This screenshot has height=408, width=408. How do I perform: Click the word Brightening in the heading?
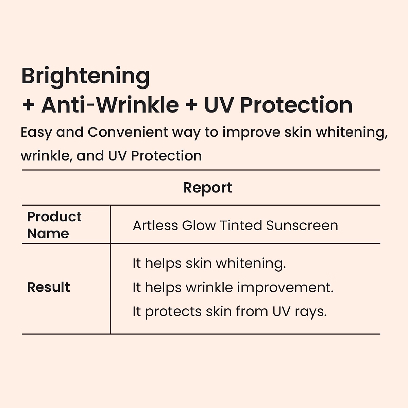[x=86, y=78]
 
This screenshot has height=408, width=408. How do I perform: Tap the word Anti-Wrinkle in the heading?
[x=110, y=105]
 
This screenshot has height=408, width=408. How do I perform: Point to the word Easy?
[x=36, y=133]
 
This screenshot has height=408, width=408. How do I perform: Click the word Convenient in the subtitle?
[x=128, y=132]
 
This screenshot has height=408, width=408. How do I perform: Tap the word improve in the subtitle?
[x=251, y=133]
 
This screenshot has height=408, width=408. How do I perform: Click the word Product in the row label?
[x=54, y=217]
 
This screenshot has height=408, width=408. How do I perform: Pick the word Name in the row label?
[x=48, y=234]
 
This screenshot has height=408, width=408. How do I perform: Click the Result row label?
[x=49, y=287]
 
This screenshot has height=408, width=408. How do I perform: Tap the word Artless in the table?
[x=155, y=225]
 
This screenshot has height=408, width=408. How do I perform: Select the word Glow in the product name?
[x=199, y=225]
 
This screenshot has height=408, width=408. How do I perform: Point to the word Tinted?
[x=241, y=225]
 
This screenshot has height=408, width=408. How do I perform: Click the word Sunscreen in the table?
[x=302, y=225]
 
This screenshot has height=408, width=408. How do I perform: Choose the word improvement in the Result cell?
[x=285, y=288]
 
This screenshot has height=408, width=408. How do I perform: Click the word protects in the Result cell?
[x=173, y=312]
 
